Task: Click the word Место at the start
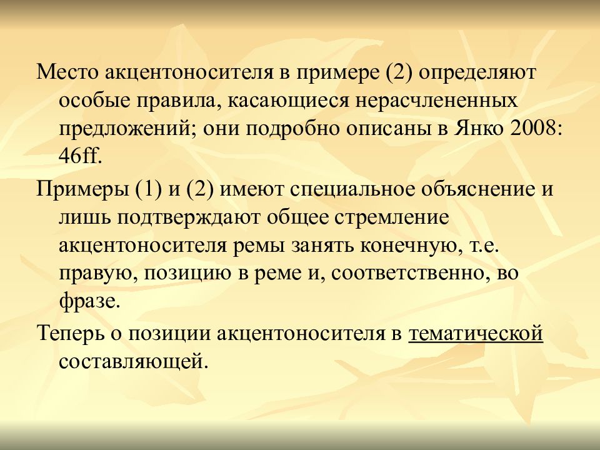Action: [67, 72]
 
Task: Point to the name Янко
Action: [479, 129]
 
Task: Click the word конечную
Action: [408, 246]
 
